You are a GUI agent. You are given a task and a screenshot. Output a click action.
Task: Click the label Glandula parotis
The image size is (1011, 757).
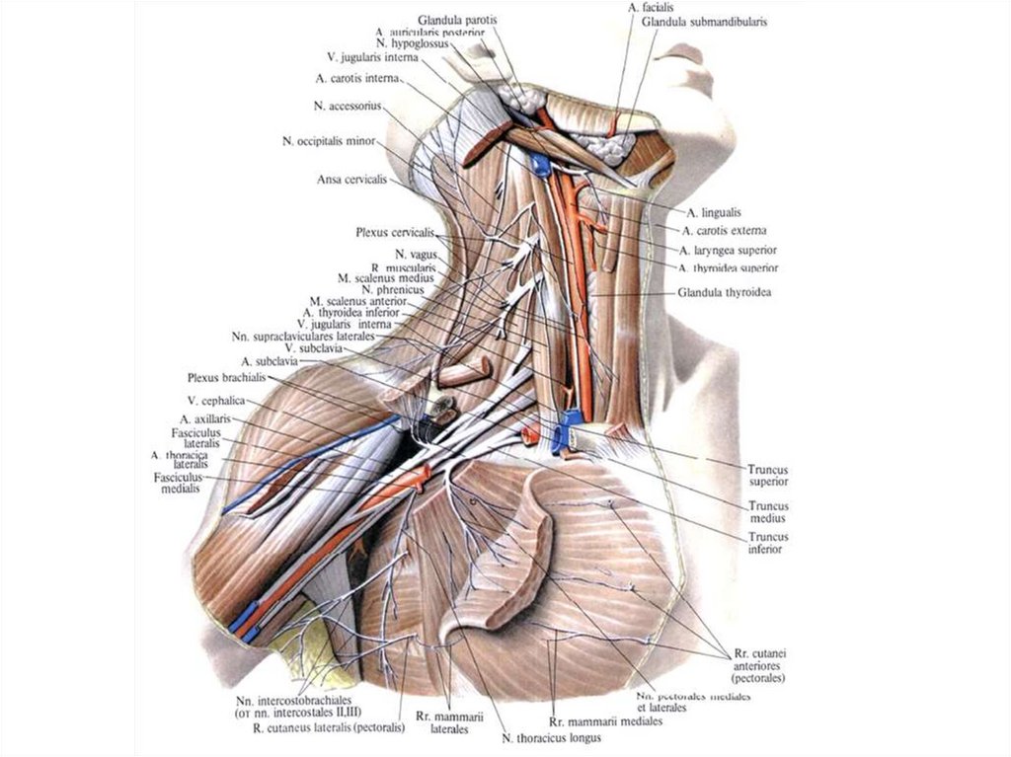458,20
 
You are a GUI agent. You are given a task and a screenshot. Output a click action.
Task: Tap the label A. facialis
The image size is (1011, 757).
648,7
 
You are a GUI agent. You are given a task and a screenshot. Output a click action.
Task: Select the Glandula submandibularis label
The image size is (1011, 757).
704,21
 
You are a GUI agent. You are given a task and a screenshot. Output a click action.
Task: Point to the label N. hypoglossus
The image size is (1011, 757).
412,45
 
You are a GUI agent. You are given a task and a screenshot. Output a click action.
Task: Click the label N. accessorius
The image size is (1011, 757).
348,106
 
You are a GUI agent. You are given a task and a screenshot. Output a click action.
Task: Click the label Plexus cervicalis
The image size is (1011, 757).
395,233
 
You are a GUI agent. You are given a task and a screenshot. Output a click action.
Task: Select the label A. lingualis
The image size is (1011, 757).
714,212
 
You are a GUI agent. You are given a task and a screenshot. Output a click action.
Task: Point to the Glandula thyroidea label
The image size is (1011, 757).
725,293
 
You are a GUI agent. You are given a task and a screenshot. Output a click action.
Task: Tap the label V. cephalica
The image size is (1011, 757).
215,401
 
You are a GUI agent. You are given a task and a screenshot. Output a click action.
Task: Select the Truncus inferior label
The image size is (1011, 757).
766,543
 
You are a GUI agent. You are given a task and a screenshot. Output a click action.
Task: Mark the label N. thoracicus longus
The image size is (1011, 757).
552,736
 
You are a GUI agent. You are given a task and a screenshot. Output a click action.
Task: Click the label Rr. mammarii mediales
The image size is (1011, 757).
605,721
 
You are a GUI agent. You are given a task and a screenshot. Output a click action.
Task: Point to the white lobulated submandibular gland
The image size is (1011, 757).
605,146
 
